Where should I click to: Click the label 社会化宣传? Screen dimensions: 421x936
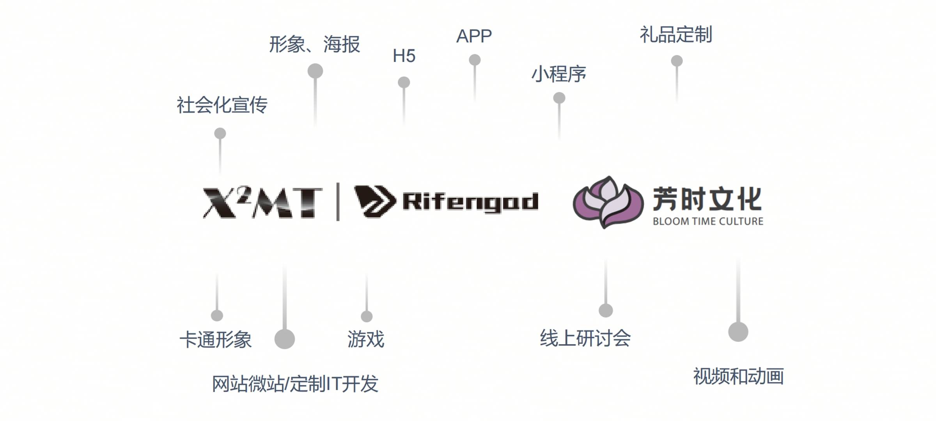tap(222, 105)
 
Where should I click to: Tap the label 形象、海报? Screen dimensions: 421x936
tap(314, 44)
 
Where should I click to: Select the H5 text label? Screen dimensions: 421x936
tap(404, 56)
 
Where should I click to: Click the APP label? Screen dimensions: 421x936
tap(474, 36)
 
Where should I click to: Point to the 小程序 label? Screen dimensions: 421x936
tap(558, 74)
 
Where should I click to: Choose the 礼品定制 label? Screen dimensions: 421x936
tap(676, 35)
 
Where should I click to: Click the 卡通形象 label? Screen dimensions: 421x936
tap(215, 340)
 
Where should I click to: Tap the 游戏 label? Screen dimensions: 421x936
tap(366, 339)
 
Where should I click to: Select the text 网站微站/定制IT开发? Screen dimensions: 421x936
tap(295, 384)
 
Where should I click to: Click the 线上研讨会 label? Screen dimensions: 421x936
tap(585, 338)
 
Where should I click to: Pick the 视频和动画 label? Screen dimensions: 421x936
tap(738, 377)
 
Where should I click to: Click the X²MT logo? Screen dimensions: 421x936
tap(262, 202)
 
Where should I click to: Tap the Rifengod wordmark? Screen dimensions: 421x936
tap(470, 202)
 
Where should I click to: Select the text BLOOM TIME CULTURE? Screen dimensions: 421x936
tap(708, 221)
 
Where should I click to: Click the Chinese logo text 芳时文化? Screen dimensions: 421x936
tap(707, 199)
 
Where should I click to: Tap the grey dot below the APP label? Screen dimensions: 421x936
tap(474, 60)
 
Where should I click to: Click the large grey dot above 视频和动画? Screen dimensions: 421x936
tap(738, 332)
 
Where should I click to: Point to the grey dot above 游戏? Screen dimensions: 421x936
tap(366, 316)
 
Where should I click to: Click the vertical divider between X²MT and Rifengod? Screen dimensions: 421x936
tap(338, 202)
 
